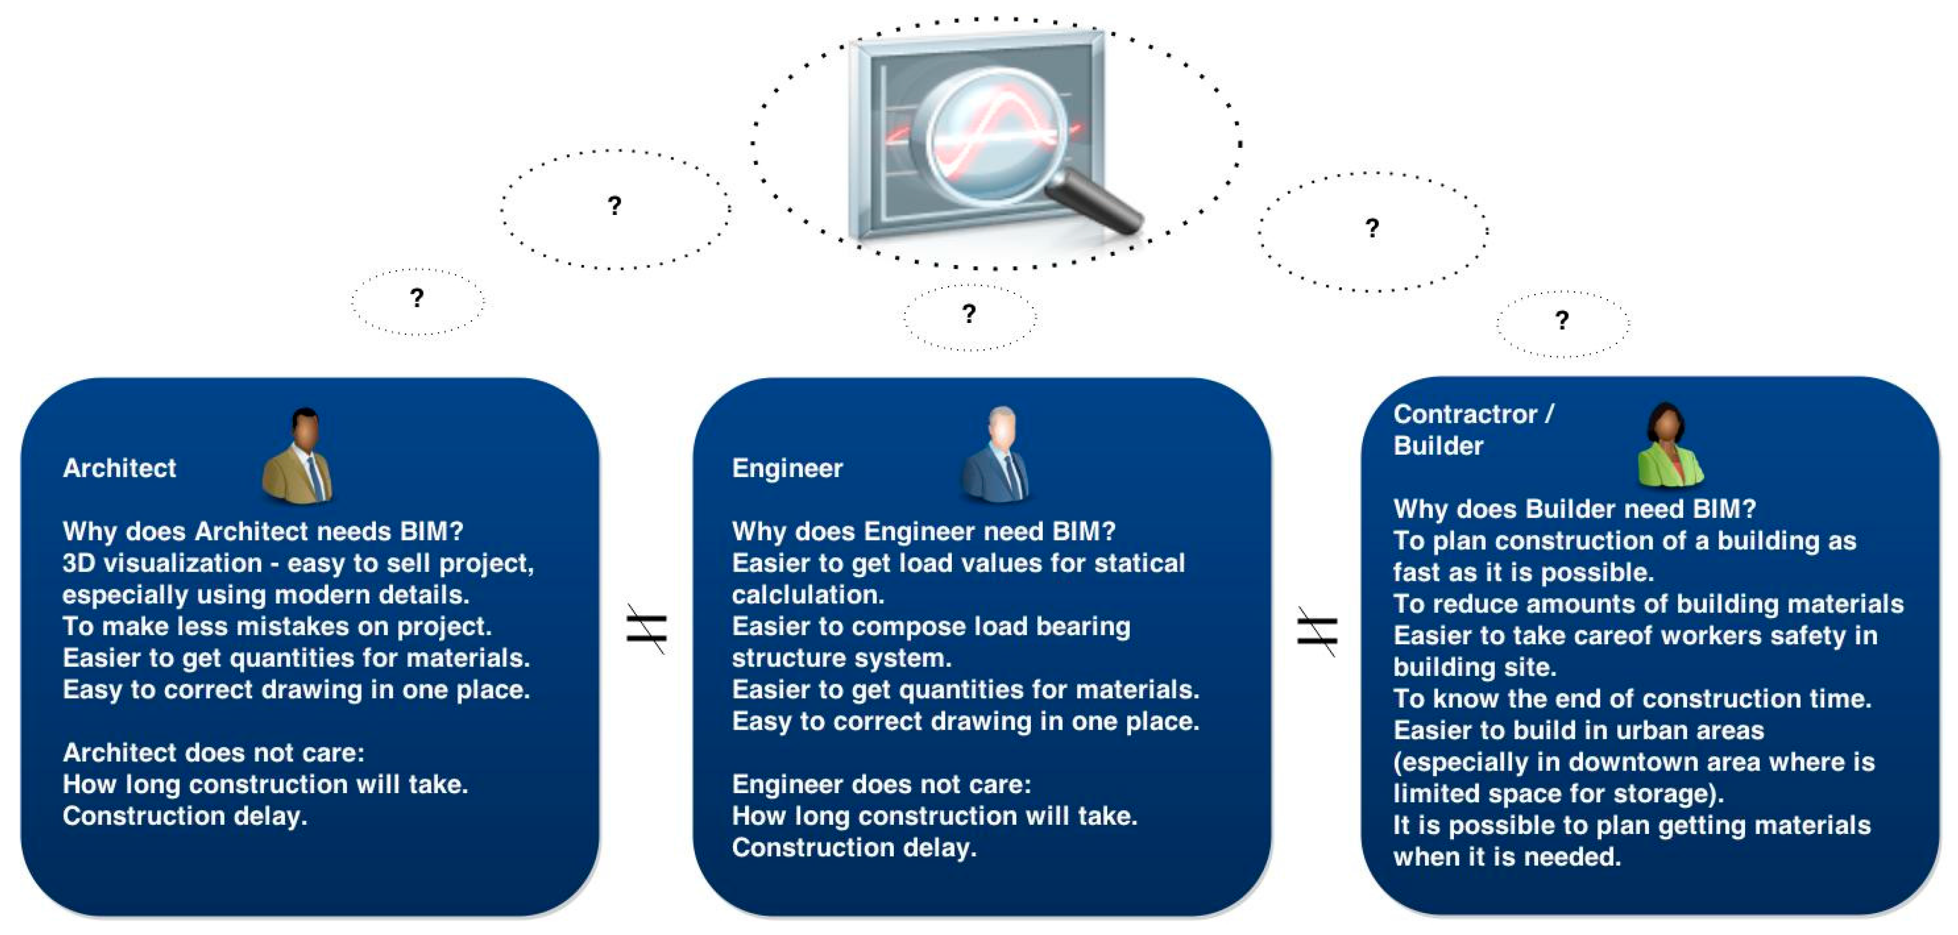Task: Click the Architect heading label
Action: tap(119, 468)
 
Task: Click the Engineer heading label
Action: tap(787, 468)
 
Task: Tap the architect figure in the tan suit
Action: tap(298, 456)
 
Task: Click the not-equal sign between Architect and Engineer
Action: tap(647, 629)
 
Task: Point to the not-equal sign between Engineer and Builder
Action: tap(1317, 631)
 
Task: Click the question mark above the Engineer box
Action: tap(969, 313)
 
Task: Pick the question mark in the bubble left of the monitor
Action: tap(614, 205)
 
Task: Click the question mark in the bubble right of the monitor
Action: tap(1372, 228)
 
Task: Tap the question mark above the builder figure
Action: tap(1562, 320)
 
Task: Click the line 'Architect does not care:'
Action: tap(213, 752)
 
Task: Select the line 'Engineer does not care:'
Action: tap(881, 785)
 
